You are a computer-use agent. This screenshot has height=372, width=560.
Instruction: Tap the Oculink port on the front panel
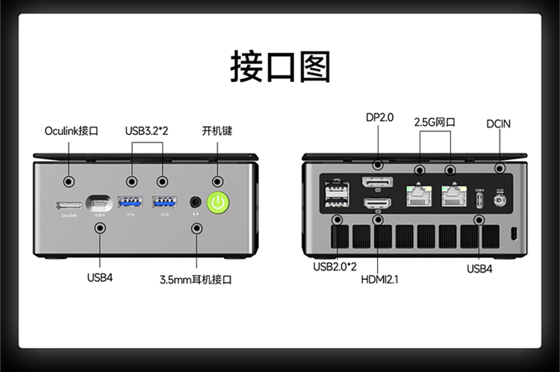(x=69, y=204)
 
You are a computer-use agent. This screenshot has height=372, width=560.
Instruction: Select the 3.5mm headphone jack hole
(x=196, y=201)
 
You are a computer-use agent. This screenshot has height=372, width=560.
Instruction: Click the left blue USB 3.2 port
(x=131, y=201)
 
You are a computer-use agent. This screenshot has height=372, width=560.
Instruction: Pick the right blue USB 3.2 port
(x=164, y=201)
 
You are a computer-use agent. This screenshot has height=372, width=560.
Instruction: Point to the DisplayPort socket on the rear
(x=379, y=184)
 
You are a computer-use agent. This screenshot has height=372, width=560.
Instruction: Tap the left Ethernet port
(x=419, y=196)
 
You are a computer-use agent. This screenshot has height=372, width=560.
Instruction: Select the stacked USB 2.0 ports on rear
(x=335, y=195)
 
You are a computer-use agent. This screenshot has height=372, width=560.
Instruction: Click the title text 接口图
(x=279, y=66)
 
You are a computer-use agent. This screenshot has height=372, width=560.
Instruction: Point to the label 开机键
(x=217, y=130)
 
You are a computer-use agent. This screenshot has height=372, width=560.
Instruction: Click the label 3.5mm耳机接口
(x=196, y=280)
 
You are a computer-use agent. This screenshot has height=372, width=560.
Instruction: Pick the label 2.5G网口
(x=435, y=122)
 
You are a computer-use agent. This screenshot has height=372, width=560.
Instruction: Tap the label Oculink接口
(x=71, y=131)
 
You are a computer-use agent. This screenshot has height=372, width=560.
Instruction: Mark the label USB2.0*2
(x=335, y=266)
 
